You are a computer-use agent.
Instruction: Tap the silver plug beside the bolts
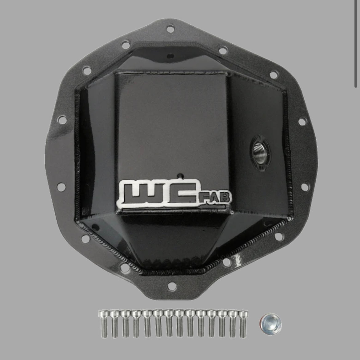tap(270, 325)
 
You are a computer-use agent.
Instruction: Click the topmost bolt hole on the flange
tap(170, 29)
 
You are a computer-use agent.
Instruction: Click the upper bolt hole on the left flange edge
tap(62, 118)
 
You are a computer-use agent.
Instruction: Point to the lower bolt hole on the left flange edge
tap(61, 186)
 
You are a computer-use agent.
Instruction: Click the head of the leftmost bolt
tap(103, 314)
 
